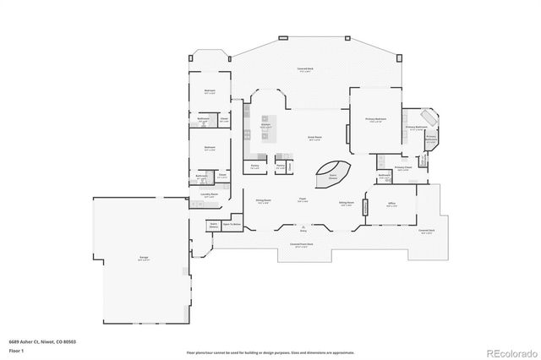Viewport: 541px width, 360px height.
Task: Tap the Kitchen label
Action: pyautogui.click(x=265, y=124)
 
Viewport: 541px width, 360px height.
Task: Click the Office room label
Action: pyautogui.click(x=391, y=204)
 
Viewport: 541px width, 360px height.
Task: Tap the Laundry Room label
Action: pyautogui.click(x=210, y=195)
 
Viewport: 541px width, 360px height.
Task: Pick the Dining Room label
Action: pyautogui.click(x=263, y=201)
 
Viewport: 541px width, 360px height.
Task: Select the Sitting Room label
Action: pyautogui.click(x=346, y=203)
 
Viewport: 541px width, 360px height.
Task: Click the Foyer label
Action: pyautogui.click(x=302, y=199)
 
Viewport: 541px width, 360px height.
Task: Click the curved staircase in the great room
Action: pyautogui.click(x=332, y=171)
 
